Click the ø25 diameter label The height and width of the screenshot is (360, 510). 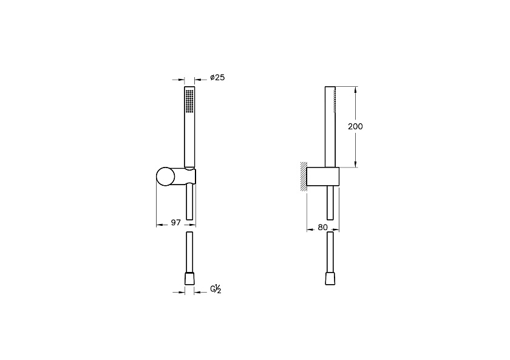(x=217, y=77)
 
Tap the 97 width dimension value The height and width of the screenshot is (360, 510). (x=175, y=223)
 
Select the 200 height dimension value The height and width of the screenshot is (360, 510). (x=355, y=126)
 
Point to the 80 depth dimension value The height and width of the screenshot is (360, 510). (x=322, y=228)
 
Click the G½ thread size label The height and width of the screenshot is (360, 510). (x=216, y=289)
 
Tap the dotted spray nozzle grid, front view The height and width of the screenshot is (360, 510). (x=189, y=101)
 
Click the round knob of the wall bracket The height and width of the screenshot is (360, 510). (x=166, y=177)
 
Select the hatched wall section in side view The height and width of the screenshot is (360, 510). (x=304, y=176)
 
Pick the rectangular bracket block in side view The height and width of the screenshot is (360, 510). (x=323, y=177)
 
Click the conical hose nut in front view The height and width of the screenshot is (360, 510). (x=189, y=279)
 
